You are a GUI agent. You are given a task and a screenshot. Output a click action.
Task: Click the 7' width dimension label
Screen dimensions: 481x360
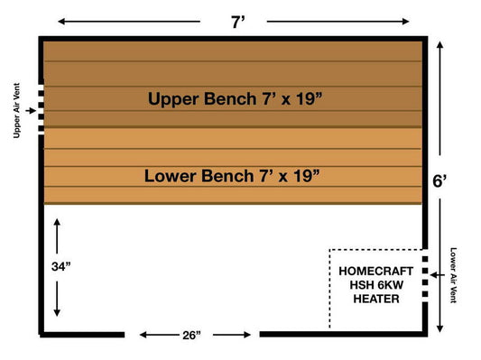pos(237,22)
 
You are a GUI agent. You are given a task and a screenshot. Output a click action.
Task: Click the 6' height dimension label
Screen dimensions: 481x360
pos(440,180)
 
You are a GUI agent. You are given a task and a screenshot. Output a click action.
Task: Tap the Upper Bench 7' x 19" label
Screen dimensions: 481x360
pos(236,99)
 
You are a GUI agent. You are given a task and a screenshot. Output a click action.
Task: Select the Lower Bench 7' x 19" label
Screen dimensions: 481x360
pos(233,175)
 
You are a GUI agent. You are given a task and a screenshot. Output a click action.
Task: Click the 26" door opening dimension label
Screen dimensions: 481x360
pos(191,335)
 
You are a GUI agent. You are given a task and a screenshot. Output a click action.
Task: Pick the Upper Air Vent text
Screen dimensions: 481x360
pos(16,111)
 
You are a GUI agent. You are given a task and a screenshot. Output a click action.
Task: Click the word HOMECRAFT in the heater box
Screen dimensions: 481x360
pos(377,270)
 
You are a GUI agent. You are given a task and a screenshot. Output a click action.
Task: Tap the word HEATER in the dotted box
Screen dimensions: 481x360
pos(376,299)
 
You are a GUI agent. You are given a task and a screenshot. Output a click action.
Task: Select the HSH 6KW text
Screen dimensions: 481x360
pos(376,284)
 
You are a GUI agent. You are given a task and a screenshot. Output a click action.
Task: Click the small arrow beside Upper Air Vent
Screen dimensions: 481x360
pos(32,111)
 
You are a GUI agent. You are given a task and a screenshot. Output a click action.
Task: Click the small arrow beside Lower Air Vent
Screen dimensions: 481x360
pos(436,273)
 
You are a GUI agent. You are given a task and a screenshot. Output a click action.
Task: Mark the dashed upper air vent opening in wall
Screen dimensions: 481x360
pos(42,111)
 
